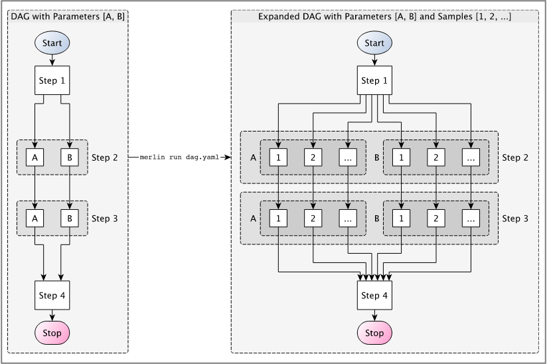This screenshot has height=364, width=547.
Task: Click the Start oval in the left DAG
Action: pyautogui.click(x=52, y=43)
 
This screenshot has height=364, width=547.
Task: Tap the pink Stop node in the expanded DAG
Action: pyautogui.click(x=374, y=333)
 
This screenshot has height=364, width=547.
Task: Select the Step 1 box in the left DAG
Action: pyautogui.click(x=52, y=81)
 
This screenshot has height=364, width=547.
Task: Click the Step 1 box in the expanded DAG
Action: pyautogui.click(x=374, y=81)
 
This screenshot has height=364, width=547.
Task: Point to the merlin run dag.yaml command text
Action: pyautogui.click(x=179, y=157)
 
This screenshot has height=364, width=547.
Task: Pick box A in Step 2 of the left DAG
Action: pyautogui.click(x=35, y=157)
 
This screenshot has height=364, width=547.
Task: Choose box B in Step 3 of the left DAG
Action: pyautogui.click(x=69, y=218)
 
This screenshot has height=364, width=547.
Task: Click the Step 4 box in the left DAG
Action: pyautogui.click(x=52, y=296)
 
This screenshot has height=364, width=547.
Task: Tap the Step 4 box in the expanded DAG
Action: pyautogui.click(x=374, y=296)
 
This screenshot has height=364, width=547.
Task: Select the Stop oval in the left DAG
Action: pyautogui.click(x=52, y=333)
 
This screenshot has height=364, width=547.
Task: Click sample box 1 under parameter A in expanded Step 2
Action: pyautogui.click(x=279, y=157)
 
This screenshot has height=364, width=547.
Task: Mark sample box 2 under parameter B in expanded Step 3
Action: pyautogui.click(x=436, y=218)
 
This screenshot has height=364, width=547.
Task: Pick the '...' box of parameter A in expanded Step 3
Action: pyautogui.click(x=348, y=218)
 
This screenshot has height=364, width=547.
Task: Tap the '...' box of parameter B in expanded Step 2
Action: pyautogui.click(x=471, y=157)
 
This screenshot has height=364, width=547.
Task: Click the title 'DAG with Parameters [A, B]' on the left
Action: pyautogui.click(x=67, y=16)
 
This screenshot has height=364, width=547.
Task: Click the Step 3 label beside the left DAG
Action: pyautogui.click(x=104, y=218)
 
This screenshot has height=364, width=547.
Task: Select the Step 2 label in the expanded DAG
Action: pyautogui.click(x=515, y=157)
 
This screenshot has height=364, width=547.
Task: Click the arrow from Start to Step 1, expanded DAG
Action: pyautogui.click(x=374, y=60)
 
